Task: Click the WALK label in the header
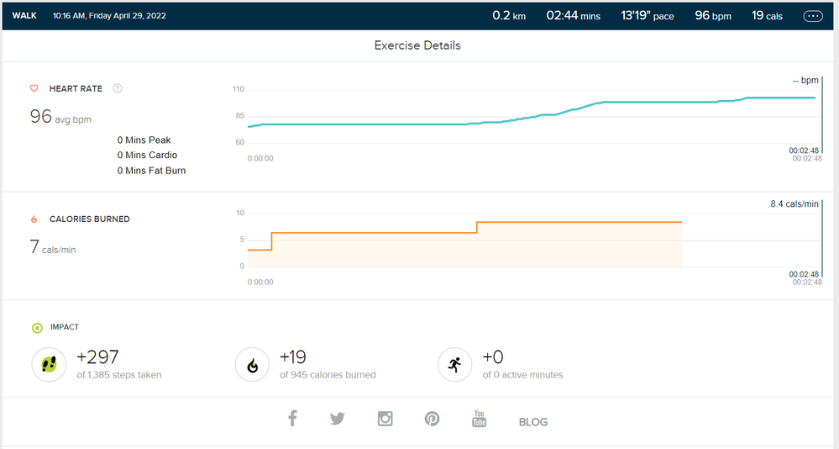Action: (24, 16)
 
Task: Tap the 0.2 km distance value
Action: (508, 16)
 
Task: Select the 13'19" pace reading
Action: (647, 16)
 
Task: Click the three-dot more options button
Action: (813, 16)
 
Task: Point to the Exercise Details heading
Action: (417, 45)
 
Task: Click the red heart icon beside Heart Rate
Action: (34, 88)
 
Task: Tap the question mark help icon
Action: (118, 88)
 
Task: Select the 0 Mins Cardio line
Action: (147, 156)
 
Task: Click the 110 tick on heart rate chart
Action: (239, 89)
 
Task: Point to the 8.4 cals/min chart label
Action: (794, 204)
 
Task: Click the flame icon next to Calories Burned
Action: (34, 219)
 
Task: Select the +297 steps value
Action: (97, 357)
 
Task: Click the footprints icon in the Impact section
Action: (49, 365)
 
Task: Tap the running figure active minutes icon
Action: (454, 365)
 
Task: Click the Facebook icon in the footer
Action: (292, 418)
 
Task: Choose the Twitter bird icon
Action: (338, 418)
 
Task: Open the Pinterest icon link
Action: (432, 418)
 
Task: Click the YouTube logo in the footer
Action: (480, 418)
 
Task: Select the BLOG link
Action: (532, 422)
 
